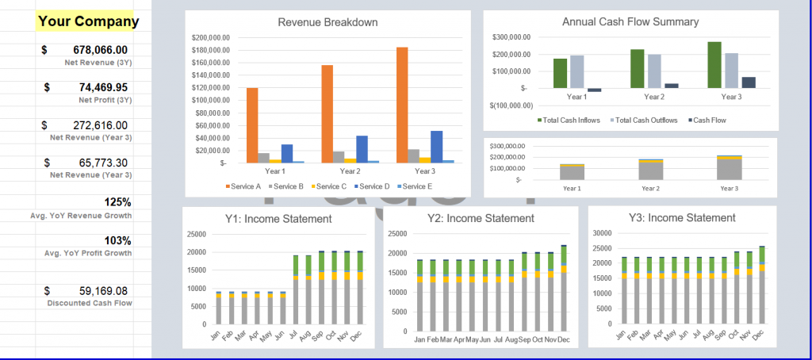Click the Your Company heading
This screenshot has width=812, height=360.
[x=88, y=21]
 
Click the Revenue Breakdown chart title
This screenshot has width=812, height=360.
[x=327, y=22]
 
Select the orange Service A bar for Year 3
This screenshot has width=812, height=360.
[x=402, y=105]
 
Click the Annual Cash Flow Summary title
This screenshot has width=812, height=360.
[x=630, y=22]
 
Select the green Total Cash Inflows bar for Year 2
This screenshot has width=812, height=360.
[x=638, y=68]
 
